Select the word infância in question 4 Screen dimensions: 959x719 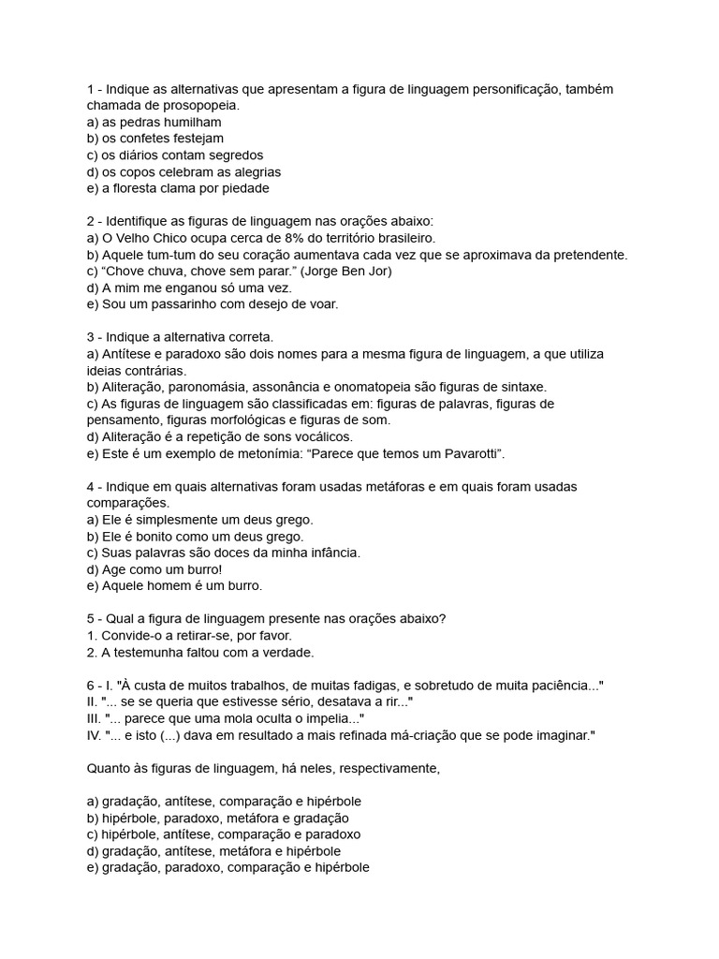click(330, 553)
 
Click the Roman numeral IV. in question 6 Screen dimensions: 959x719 click(95, 736)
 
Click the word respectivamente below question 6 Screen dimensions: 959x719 click(389, 769)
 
